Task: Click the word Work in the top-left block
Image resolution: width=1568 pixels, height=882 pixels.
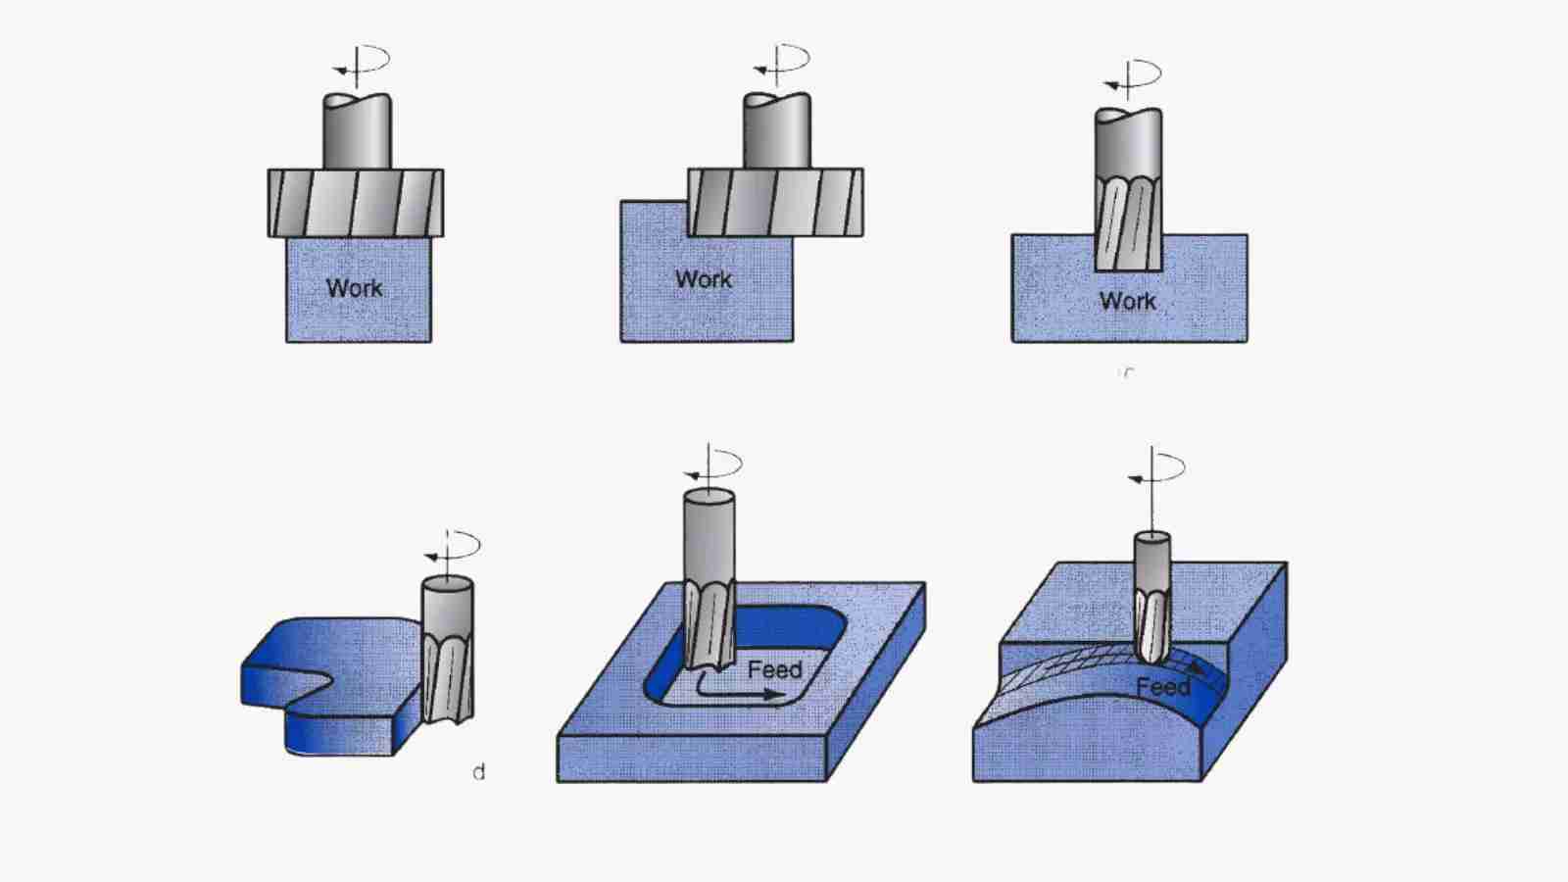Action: [354, 288]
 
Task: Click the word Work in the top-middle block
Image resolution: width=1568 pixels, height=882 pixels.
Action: [703, 279]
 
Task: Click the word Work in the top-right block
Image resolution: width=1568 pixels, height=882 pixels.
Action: [1127, 301]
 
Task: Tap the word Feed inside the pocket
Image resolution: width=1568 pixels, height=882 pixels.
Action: [774, 670]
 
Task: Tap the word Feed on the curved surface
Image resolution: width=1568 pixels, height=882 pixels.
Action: [1162, 687]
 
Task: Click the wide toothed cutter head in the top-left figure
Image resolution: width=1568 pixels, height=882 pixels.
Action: [355, 203]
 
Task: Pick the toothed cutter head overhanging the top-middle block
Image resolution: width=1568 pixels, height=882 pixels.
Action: [775, 203]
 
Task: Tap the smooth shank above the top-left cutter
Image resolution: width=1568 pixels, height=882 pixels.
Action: [357, 132]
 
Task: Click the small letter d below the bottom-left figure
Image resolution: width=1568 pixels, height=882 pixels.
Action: [478, 772]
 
